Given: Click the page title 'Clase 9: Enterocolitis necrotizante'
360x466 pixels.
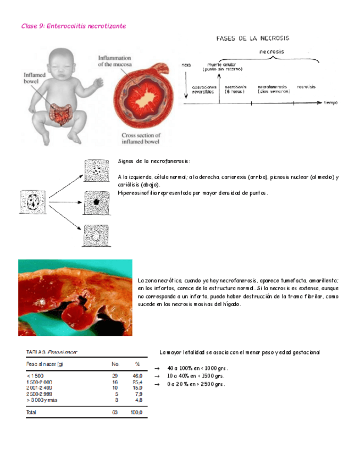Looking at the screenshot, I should point(73,26).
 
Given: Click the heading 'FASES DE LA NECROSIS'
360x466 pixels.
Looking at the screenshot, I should point(253,38).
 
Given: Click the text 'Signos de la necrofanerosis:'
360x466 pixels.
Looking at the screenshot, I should point(154,162).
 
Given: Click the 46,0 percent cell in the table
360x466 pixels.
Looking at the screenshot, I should point(137,375).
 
